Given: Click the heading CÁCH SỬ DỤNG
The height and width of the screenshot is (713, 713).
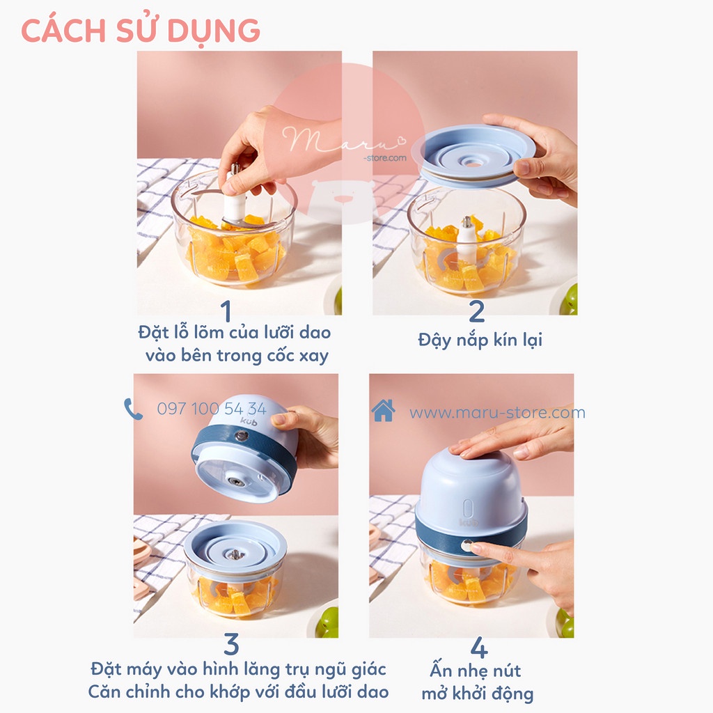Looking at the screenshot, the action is [141, 31].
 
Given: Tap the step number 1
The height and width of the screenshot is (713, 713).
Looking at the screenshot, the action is [226, 311].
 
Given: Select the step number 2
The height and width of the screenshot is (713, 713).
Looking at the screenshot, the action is [476, 311].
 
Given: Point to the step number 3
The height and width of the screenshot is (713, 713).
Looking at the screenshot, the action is [231, 644].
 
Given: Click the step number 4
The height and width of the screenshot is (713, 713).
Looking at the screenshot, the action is [479, 648].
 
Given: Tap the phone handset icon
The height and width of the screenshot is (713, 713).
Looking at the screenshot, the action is [133, 409].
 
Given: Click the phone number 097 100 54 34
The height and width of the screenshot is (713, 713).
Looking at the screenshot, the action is [212, 409].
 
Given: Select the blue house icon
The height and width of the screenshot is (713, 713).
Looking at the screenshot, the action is [383, 410].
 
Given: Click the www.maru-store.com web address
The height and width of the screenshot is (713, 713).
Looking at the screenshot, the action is [497, 413].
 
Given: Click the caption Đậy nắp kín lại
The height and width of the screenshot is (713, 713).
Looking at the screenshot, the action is [480, 340].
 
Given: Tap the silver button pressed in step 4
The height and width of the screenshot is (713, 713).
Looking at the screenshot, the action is [467, 545].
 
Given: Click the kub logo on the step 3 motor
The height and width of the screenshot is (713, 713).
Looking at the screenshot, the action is [249, 421].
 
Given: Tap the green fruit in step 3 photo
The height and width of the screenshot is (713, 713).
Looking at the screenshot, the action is [329, 622].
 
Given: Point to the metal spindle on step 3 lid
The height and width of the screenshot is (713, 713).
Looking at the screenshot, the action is [235, 554].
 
